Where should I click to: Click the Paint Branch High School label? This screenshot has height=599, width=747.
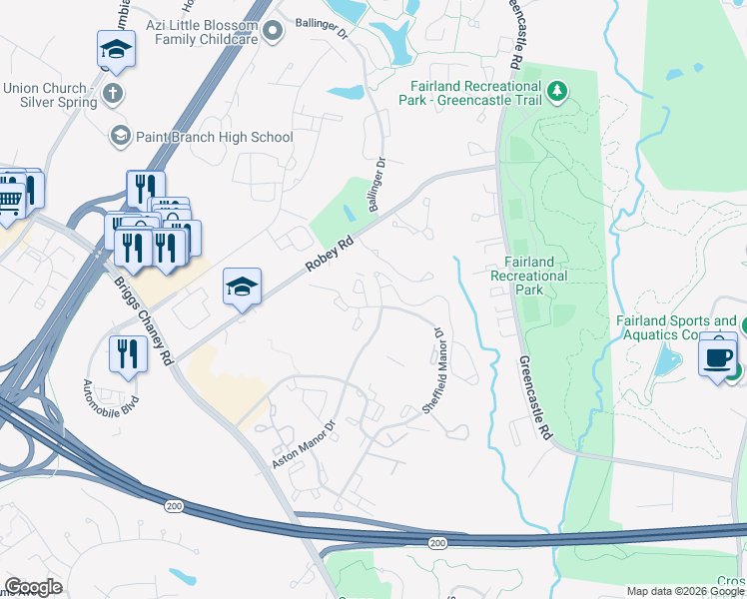click(x=216, y=137)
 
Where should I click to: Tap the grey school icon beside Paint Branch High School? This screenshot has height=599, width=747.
click(x=121, y=135)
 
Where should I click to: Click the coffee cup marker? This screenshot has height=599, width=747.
click(x=718, y=356)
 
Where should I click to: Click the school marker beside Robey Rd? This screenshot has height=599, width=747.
click(x=242, y=288)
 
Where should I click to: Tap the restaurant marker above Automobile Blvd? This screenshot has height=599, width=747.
click(x=128, y=354)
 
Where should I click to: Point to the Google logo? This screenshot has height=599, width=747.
click(x=33, y=587)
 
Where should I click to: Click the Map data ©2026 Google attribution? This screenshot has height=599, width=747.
click(x=685, y=591)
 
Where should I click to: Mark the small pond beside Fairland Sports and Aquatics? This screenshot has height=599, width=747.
click(x=662, y=364)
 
